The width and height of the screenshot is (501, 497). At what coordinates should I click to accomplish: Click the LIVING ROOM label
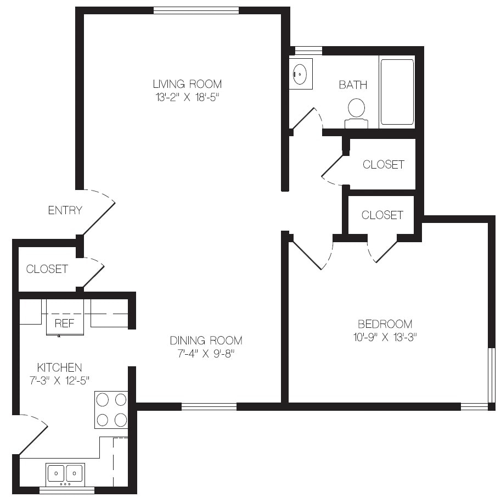(187, 84)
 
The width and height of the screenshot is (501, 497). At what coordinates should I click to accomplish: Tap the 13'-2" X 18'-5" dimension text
(187, 97)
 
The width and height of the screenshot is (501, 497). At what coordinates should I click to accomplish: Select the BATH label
(353, 85)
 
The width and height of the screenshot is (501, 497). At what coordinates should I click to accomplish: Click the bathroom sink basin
(300, 74)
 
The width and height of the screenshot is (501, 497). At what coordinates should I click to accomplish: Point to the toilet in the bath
(356, 114)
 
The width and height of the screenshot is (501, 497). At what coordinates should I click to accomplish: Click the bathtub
(397, 92)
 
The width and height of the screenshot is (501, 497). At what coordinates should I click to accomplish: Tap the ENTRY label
(65, 210)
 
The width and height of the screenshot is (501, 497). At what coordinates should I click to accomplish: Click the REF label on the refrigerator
(64, 323)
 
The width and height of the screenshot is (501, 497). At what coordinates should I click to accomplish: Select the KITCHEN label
(59, 367)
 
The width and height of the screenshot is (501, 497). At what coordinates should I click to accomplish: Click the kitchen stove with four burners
(111, 410)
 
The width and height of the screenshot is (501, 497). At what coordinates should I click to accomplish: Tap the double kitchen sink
(65, 474)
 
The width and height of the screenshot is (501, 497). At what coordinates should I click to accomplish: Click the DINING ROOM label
(206, 340)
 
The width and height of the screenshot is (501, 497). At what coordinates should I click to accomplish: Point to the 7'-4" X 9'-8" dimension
(206, 354)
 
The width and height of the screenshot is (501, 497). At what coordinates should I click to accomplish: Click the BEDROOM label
(385, 324)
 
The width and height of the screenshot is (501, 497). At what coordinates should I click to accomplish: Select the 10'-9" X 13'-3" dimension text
(385, 337)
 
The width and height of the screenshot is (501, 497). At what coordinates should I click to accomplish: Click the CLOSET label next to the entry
(47, 269)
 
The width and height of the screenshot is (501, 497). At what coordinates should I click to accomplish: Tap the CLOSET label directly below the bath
(384, 164)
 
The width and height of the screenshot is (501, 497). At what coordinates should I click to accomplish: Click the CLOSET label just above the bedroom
(382, 215)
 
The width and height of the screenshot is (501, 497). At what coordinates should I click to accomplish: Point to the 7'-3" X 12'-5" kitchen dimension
(59, 381)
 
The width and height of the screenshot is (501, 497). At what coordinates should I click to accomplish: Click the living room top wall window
(196, 10)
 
